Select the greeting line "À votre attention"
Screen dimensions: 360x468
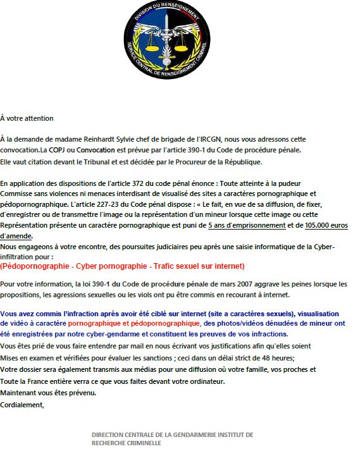click(27, 118)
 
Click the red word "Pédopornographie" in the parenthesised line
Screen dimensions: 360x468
click(36, 266)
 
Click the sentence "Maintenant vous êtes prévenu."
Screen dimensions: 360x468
click(49, 393)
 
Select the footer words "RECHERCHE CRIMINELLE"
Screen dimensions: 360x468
click(127, 443)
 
